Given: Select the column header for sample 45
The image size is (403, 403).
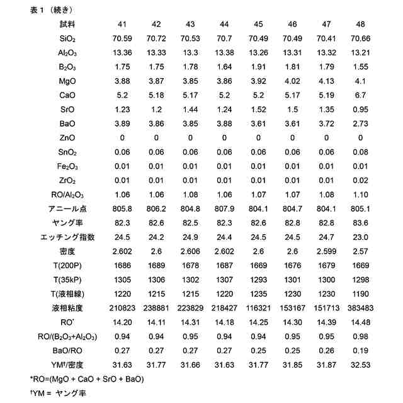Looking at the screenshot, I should [258, 25].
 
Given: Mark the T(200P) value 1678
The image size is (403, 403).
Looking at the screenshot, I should [190, 265].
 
